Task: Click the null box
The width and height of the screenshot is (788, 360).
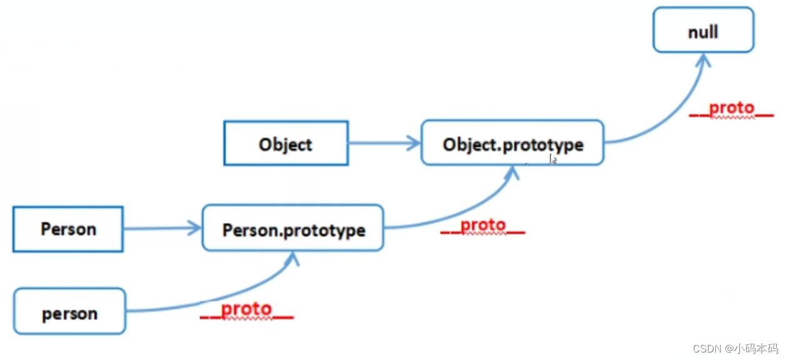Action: (x=703, y=30)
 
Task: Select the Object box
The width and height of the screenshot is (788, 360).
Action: (x=286, y=143)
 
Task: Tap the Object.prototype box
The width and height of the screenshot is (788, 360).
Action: (x=513, y=142)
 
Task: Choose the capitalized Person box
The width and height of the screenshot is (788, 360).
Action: (x=68, y=229)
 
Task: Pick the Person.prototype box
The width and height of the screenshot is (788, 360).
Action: (x=293, y=227)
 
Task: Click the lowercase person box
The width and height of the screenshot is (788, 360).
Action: (x=69, y=311)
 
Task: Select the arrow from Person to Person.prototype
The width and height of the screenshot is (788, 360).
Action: (x=163, y=228)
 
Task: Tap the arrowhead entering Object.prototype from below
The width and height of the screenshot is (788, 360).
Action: (x=512, y=173)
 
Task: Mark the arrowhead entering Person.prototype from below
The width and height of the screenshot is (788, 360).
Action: (x=292, y=259)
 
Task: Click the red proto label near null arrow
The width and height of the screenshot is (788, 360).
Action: (x=731, y=109)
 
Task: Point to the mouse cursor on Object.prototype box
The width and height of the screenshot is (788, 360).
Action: (x=553, y=159)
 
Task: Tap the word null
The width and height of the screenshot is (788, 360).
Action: (x=703, y=32)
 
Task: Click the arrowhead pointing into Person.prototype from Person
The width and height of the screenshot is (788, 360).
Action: (x=194, y=228)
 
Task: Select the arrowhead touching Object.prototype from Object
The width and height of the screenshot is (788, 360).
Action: (x=413, y=143)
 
